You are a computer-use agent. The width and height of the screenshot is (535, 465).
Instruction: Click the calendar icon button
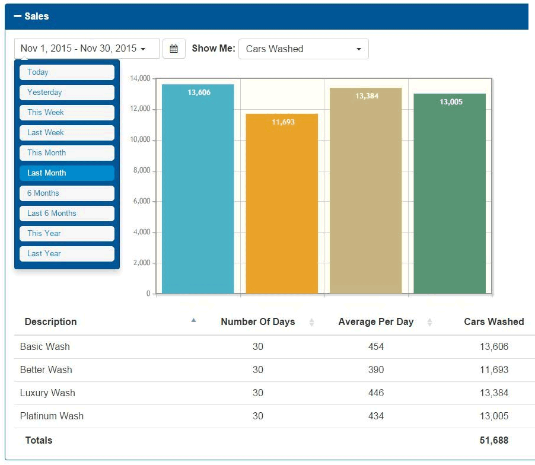click(x=174, y=49)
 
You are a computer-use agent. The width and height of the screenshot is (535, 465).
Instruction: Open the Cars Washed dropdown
click(x=303, y=49)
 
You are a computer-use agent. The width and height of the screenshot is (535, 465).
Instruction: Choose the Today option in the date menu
click(x=66, y=72)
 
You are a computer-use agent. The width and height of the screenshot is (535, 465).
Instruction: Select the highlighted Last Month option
click(x=66, y=173)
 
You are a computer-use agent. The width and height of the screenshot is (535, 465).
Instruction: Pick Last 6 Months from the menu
click(x=66, y=214)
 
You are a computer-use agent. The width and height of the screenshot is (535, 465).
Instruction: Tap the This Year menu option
click(x=66, y=234)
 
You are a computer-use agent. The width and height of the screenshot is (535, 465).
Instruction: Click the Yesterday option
click(x=66, y=93)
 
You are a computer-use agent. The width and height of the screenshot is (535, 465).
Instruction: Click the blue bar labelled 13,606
click(x=198, y=190)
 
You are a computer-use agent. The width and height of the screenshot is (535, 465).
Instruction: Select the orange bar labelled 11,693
click(x=282, y=205)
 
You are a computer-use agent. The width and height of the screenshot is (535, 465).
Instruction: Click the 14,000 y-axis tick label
click(x=139, y=78)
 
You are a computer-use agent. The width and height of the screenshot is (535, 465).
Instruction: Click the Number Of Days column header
click(x=257, y=322)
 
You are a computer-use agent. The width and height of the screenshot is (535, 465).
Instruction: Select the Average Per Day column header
click(x=375, y=322)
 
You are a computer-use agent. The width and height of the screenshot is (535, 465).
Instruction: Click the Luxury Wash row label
click(x=47, y=393)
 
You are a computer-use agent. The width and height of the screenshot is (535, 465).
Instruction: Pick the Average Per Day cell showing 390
click(x=375, y=370)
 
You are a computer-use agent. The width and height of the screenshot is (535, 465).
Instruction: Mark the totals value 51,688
click(x=493, y=440)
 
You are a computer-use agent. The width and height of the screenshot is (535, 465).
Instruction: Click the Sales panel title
click(x=36, y=16)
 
